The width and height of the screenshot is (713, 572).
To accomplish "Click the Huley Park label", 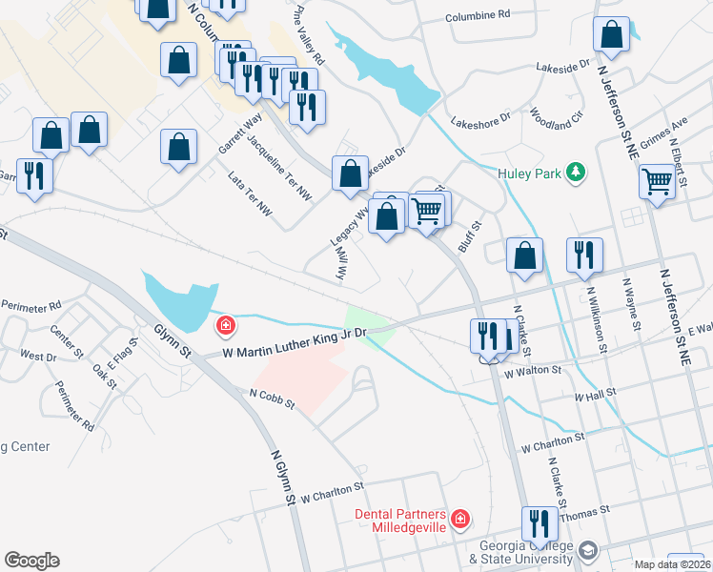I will [x=529, y=173].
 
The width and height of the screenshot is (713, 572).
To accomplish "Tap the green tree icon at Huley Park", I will [x=575, y=173].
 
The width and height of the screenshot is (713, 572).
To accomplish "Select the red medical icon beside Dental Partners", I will [x=460, y=519].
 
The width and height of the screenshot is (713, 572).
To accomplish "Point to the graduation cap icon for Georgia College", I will [x=588, y=551].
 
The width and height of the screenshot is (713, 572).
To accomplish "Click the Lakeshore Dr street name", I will [x=481, y=121].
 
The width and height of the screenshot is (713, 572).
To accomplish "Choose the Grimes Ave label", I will [x=663, y=139].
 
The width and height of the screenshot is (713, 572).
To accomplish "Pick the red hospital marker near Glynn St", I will [x=225, y=327].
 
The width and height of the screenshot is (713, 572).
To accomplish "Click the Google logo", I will [x=31, y=561].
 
